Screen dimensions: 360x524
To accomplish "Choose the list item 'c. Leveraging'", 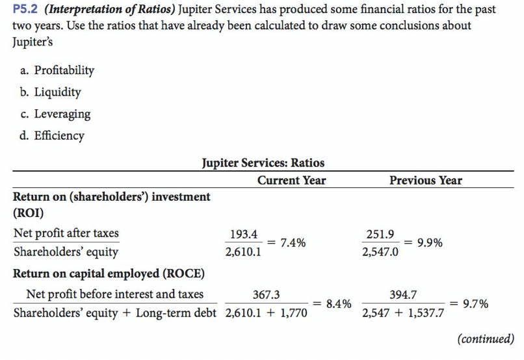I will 54,114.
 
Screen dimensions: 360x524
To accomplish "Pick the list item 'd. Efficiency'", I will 51,136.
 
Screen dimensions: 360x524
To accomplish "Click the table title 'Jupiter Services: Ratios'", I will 263,162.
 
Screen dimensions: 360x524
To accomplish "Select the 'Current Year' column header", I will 292,180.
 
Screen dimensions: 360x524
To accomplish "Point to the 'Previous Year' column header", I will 426,180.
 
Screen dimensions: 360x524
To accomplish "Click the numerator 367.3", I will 266,295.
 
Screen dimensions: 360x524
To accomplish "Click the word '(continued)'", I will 486,339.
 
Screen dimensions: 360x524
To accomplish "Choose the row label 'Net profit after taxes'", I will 66,233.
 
